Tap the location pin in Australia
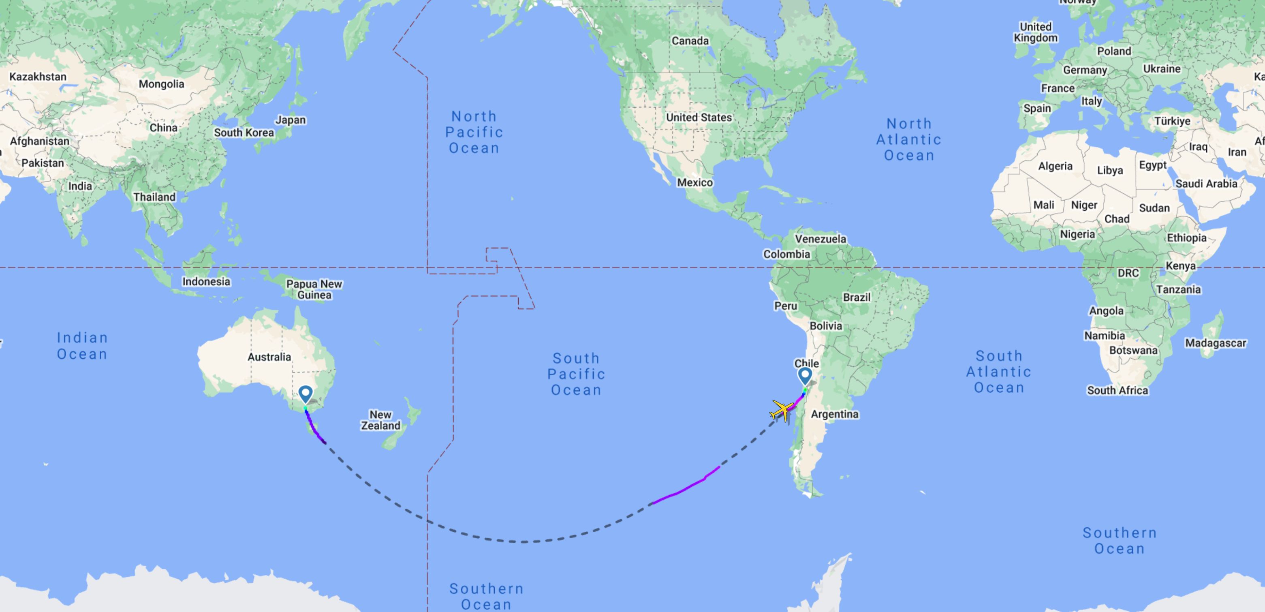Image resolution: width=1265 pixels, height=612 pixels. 306,394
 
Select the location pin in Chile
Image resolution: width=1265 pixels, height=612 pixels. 805,376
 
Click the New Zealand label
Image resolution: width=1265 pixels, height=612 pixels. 380,420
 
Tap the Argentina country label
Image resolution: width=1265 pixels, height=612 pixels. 834,414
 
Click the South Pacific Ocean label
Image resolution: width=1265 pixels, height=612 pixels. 576,374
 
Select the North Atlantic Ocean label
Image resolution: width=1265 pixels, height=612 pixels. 908,139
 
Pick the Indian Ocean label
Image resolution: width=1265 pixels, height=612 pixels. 82,346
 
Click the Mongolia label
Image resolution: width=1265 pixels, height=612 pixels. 161,84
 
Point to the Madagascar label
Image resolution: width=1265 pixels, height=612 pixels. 1216,343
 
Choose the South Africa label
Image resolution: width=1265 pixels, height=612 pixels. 1117,390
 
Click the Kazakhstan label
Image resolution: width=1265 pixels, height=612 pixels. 38,77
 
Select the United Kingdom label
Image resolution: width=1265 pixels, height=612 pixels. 1036,32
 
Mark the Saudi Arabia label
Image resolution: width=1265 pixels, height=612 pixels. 1206,184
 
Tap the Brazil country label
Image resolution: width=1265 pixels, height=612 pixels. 857,297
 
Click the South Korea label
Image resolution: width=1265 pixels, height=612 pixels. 244,133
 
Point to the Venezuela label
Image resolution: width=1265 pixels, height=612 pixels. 821,239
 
